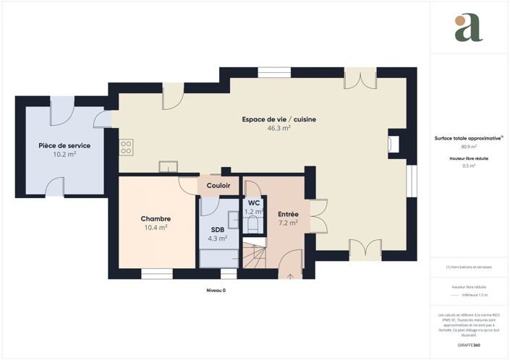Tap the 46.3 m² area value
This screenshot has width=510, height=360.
[279, 128]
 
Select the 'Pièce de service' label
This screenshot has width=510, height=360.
[64, 145]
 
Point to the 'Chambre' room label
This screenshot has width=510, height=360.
[156, 218]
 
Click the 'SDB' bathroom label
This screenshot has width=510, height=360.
[218, 229]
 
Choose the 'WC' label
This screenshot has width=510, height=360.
[253, 203]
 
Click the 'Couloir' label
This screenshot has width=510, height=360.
[218, 186]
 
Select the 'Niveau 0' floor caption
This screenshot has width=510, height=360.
[216, 291]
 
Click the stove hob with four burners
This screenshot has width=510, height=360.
[126, 147]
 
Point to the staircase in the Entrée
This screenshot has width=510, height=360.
[253, 256]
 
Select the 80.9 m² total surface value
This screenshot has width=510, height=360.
[469, 147]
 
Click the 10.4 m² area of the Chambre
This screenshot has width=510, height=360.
[156, 227]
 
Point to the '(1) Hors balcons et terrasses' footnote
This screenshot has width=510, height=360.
[469, 267]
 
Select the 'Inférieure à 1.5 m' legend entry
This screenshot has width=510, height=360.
[475, 295]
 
